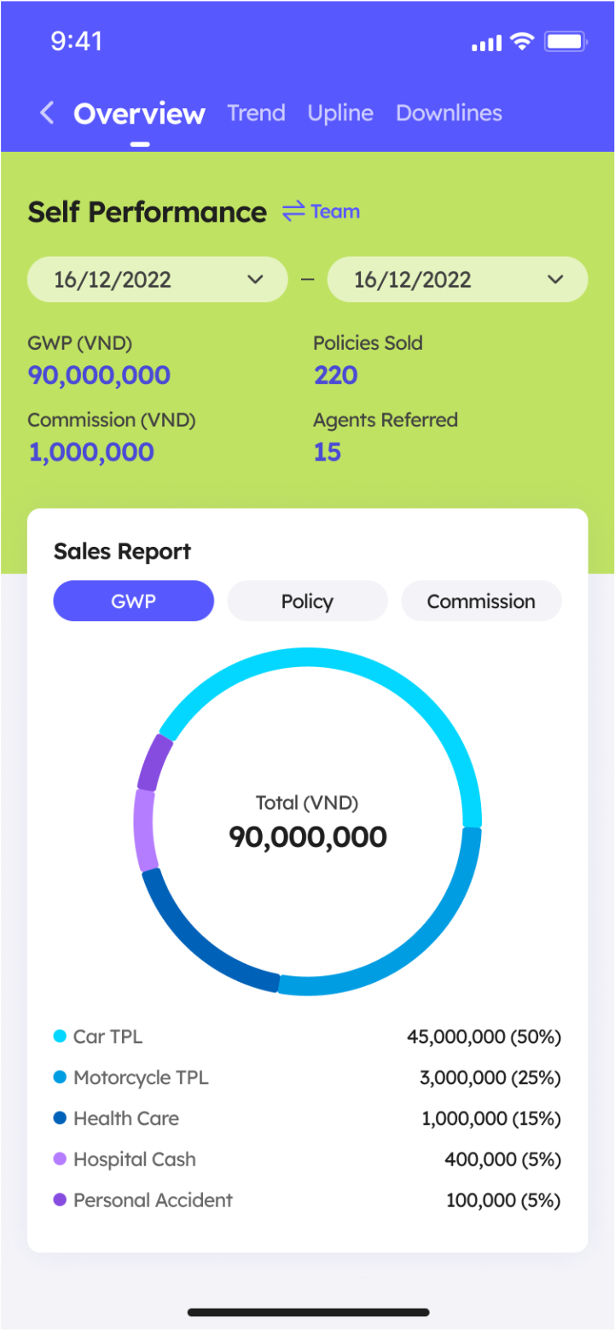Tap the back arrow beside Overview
(x=48, y=113)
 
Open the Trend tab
(x=256, y=113)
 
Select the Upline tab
(x=340, y=113)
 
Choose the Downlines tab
(x=449, y=113)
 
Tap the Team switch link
(x=322, y=212)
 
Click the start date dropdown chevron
(x=254, y=280)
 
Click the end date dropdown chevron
(x=555, y=280)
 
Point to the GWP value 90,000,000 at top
(x=99, y=375)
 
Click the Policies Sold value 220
(x=335, y=375)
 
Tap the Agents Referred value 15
(x=328, y=452)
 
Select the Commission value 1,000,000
(x=91, y=452)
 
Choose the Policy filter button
(x=307, y=601)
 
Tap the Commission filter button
(x=481, y=601)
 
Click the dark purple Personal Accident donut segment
(x=155, y=761)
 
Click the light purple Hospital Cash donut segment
(x=143, y=828)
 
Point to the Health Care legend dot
(x=60, y=1118)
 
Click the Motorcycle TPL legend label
(x=141, y=1077)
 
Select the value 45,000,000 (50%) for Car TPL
(x=484, y=1037)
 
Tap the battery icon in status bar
(x=566, y=42)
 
